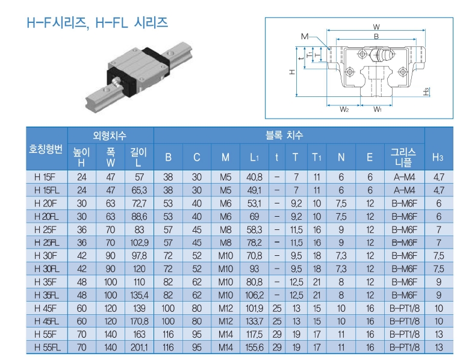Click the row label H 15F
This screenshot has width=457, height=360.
[x=46, y=178]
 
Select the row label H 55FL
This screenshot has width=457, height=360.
[x=46, y=347]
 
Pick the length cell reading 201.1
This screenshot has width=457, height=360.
[x=139, y=347]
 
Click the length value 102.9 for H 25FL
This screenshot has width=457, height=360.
[x=139, y=243]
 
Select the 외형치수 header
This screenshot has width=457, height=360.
[x=110, y=135]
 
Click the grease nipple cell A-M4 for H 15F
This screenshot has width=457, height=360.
[x=403, y=178]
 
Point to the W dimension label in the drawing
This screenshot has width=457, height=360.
[x=376, y=27]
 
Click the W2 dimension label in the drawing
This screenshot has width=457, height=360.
[x=344, y=110]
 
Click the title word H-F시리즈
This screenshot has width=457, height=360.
[x=57, y=23]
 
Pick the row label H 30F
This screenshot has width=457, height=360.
[x=46, y=256]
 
